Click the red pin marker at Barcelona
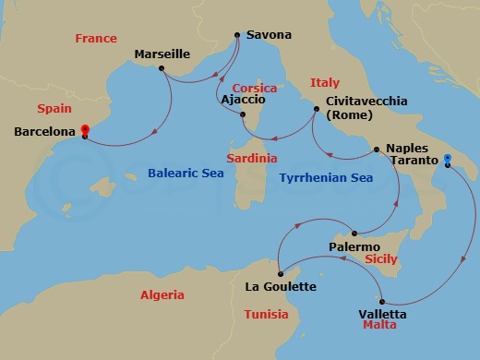(x=84, y=132)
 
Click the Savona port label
(x=269, y=35)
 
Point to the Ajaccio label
(x=242, y=98)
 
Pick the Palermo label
(x=354, y=247)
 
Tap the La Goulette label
(x=280, y=286)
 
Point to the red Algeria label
(x=162, y=295)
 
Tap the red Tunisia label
(x=266, y=315)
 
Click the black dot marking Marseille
(x=162, y=68)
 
